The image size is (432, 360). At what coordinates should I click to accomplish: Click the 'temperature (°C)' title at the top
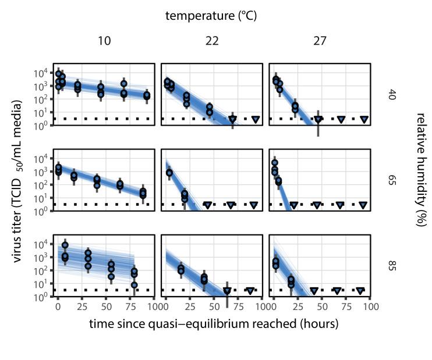pyautogui.click(x=211, y=16)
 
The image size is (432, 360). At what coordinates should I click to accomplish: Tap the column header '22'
pyautogui.click(x=211, y=41)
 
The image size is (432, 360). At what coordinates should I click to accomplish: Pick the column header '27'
pyautogui.click(x=320, y=41)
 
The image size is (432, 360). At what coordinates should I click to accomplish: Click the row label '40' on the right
pyautogui.click(x=391, y=95)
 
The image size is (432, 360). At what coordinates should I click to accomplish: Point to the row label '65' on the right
pyautogui.click(x=391, y=180)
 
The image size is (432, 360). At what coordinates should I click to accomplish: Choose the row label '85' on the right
pyautogui.click(x=391, y=266)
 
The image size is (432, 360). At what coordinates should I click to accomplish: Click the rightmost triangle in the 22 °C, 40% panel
pyautogui.click(x=256, y=119)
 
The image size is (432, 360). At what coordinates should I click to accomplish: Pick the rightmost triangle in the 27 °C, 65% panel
pyautogui.click(x=363, y=205)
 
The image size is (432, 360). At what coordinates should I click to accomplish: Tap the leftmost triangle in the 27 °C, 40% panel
pyautogui.click(x=318, y=119)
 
